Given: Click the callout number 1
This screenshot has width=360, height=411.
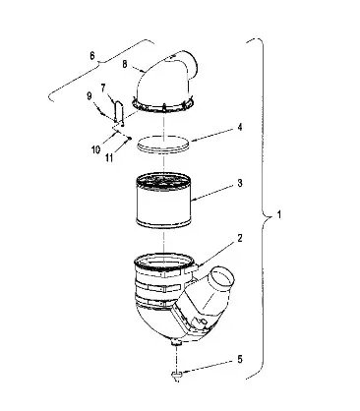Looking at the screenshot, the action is pyautogui.click(x=279, y=215).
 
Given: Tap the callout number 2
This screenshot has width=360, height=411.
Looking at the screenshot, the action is pyautogui.click(x=240, y=238).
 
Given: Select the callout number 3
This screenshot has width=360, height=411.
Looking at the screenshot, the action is pyautogui.click(x=240, y=183).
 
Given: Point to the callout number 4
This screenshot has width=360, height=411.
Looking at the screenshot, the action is pyautogui.click(x=240, y=127).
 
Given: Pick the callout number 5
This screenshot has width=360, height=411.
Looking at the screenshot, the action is pyautogui.click(x=240, y=359).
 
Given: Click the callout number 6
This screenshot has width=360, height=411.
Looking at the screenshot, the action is pyautogui.click(x=92, y=56).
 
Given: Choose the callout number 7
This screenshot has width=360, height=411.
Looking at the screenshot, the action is pyautogui.click(x=103, y=88).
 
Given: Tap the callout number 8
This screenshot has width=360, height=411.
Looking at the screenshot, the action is pyautogui.click(x=125, y=64).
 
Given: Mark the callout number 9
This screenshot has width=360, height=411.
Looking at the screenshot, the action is pyautogui.click(x=90, y=96).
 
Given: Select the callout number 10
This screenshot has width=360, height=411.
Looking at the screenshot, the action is pyautogui.click(x=95, y=149).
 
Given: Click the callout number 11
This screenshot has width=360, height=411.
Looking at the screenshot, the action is pyautogui.click(x=109, y=157).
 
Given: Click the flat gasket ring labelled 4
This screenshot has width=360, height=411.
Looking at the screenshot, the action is pyautogui.click(x=163, y=144).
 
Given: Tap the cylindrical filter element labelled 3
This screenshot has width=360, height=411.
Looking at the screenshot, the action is pyautogui.click(x=163, y=200).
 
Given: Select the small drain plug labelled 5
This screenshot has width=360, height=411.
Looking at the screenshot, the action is pyautogui.click(x=176, y=376).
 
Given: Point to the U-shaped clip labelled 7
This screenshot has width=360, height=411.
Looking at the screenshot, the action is pyautogui.click(x=118, y=111).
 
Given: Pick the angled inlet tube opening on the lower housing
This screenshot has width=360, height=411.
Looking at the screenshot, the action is pyautogui.click(x=222, y=278).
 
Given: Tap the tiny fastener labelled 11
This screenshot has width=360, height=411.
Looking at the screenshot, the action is pyautogui.click(x=130, y=138).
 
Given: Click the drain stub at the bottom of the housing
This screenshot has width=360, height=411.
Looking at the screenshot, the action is pyautogui.click(x=177, y=343).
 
